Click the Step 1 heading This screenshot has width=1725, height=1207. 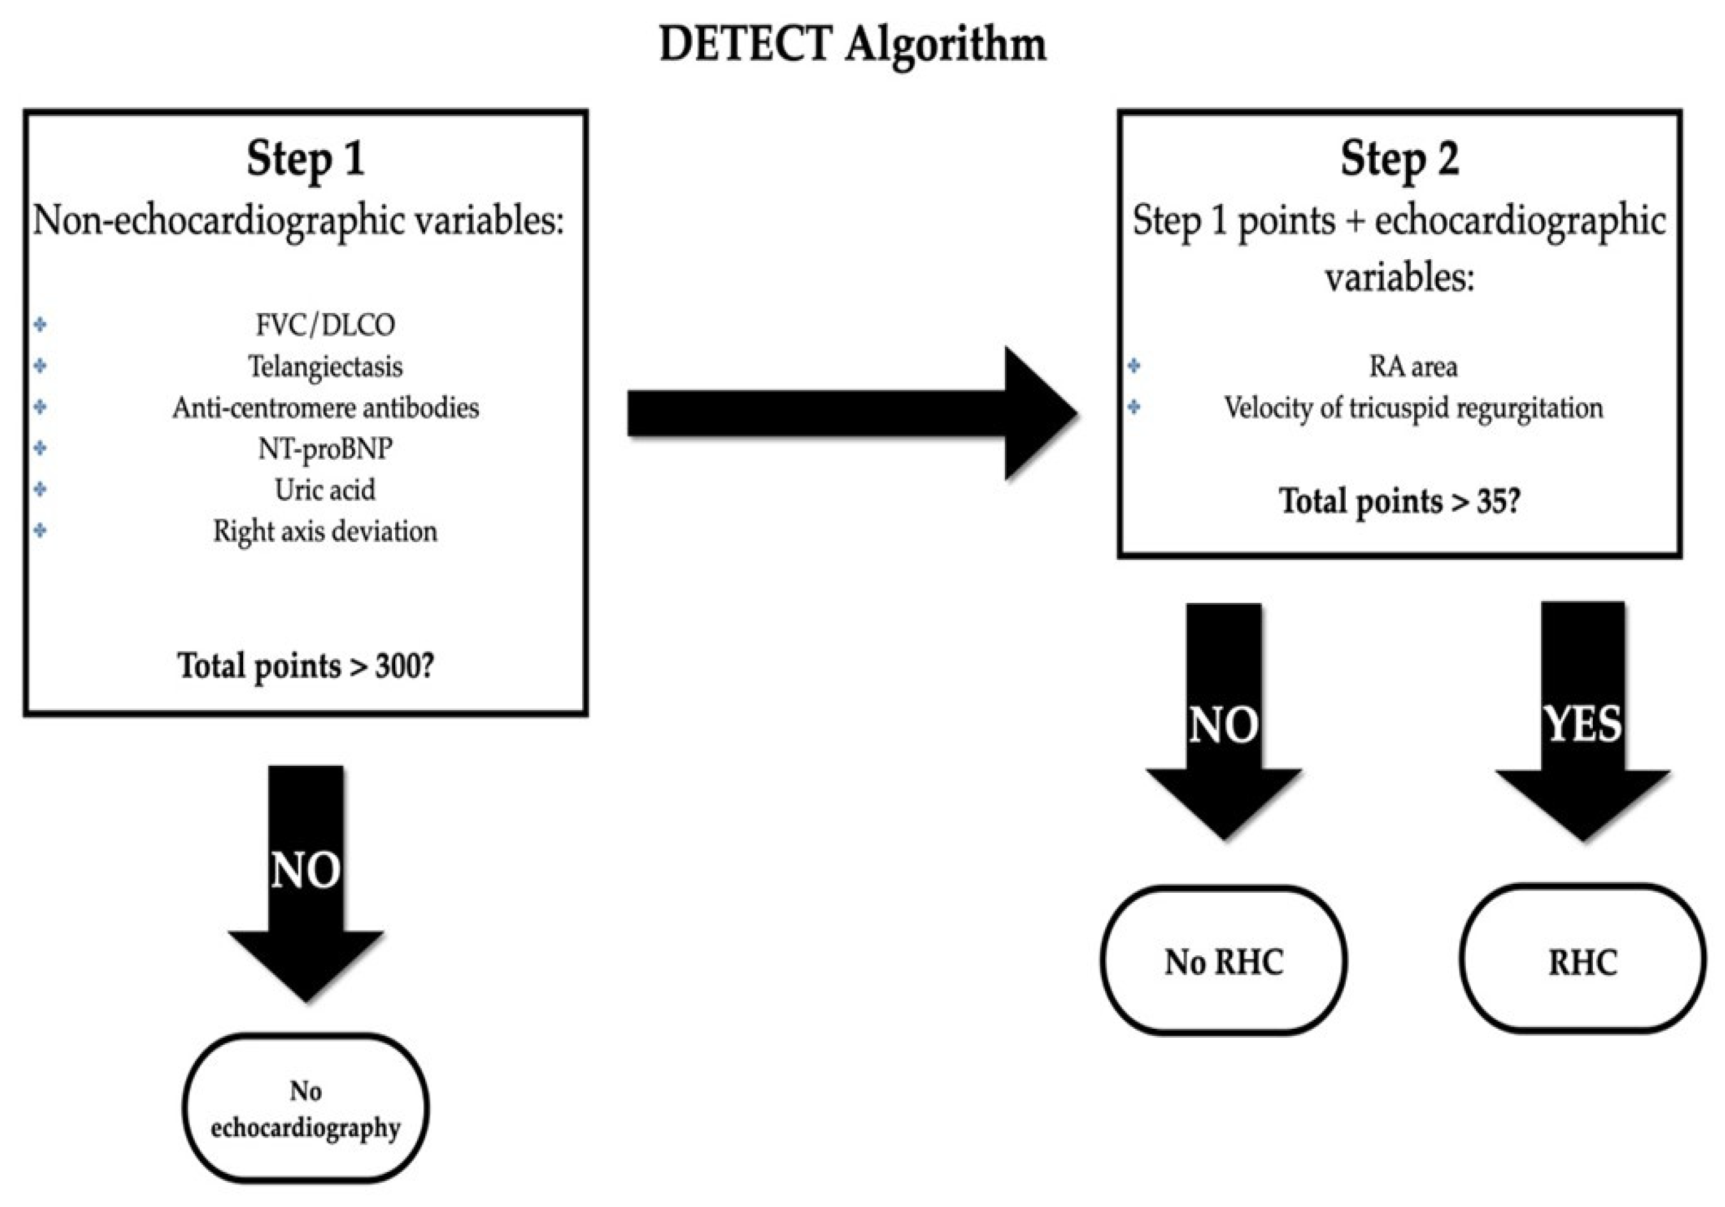pyautogui.click(x=306, y=159)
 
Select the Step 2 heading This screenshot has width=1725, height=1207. pyautogui.click(x=1399, y=159)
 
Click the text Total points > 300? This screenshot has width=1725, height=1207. pyautogui.click(x=305, y=666)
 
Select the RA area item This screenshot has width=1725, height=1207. pyautogui.click(x=1412, y=367)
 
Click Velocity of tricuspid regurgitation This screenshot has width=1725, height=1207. pyautogui.click(x=1412, y=408)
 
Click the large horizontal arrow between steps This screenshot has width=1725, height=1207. pyautogui.click(x=849, y=413)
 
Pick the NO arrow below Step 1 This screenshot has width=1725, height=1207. pyautogui.click(x=306, y=872)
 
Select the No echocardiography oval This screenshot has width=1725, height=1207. pyautogui.click(x=306, y=1109)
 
